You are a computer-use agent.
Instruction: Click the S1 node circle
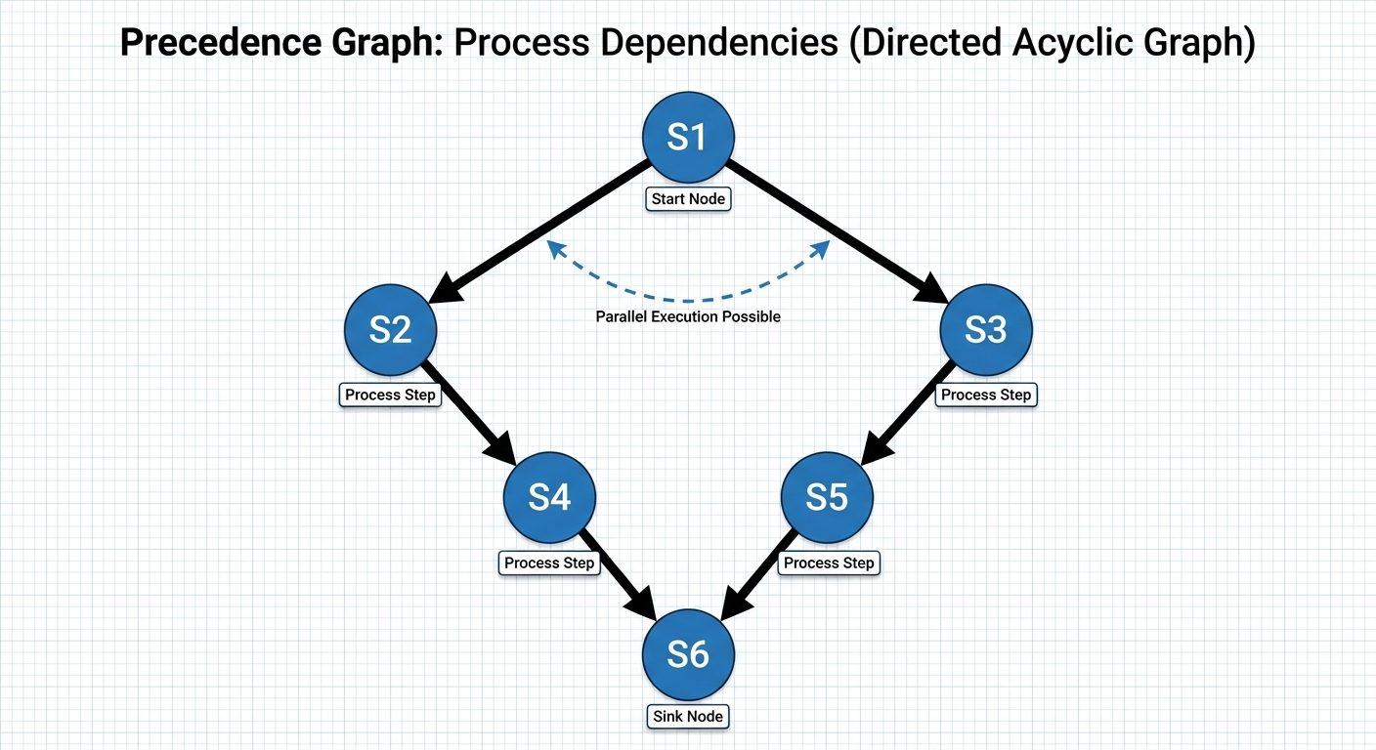pyautogui.click(x=687, y=138)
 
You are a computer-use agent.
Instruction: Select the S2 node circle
pyautogui.click(x=391, y=331)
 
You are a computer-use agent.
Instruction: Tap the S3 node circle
pyautogui.click(x=985, y=331)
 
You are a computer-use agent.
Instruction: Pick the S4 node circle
pyautogui.click(x=549, y=498)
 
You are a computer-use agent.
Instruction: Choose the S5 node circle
pyautogui.click(x=827, y=498)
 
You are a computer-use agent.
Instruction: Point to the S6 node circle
pyautogui.click(x=687, y=654)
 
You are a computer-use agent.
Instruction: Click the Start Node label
pyautogui.click(x=688, y=199)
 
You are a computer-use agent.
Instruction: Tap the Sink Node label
pyautogui.click(x=688, y=717)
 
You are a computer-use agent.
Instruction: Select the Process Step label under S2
pyautogui.click(x=391, y=396)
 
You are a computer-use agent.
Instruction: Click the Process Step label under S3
pyautogui.click(x=985, y=396)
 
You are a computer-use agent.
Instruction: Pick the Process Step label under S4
pyautogui.click(x=549, y=563)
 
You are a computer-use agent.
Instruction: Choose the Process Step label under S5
pyautogui.click(x=829, y=563)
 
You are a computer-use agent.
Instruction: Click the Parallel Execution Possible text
pyautogui.click(x=688, y=316)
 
